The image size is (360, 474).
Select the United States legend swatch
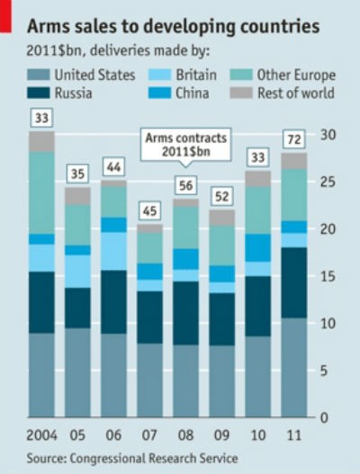pos(40,75)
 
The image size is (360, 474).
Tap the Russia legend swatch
pos(40,94)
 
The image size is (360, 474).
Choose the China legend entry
pos(180,94)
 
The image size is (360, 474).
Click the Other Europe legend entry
pos(283,75)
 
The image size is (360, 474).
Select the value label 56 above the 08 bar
pos(186,186)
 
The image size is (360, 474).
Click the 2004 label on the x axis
pos(40,435)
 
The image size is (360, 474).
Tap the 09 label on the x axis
pos(222,435)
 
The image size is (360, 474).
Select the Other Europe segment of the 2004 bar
pos(41,192)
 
